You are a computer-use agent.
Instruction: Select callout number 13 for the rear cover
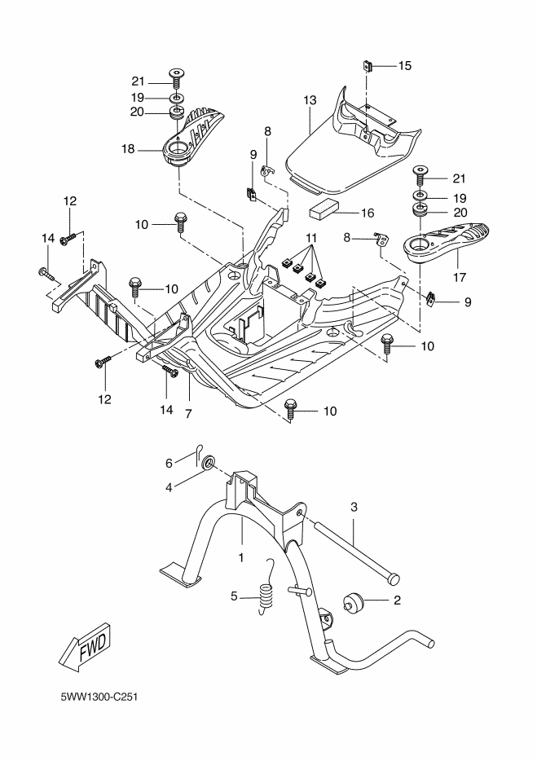click(310, 100)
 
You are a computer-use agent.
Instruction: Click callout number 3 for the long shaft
click(354, 507)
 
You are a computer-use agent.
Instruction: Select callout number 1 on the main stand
click(241, 557)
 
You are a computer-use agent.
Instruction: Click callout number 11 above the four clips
click(310, 236)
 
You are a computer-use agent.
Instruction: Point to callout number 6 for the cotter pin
click(169, 463)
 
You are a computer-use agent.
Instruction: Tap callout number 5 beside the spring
click(234, 596)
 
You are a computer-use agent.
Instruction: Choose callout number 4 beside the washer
click(169, 488)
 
